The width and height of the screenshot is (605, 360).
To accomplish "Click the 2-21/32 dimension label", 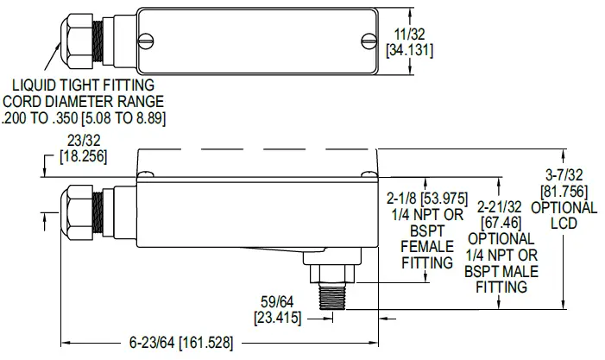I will [501, 208].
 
